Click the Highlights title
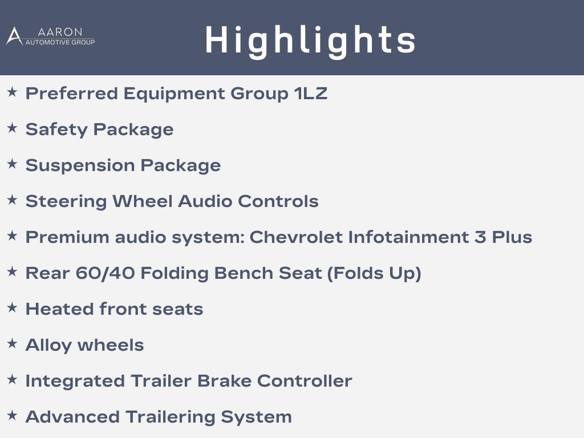[310, 40]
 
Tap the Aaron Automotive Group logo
[51, 36]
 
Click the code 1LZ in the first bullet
[311, 93]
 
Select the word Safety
[56, 129]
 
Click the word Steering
[66, 201]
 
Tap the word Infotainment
[408, 237]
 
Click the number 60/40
[105, 273]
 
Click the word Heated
[59, 309]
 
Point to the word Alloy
[48, 345]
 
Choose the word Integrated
[75, 381]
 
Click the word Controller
[305, 380]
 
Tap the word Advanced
[72, 417]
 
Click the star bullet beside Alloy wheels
[13, 343]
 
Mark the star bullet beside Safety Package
[13, 128]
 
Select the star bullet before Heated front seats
[13, 307]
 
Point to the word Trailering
[170, 417]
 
